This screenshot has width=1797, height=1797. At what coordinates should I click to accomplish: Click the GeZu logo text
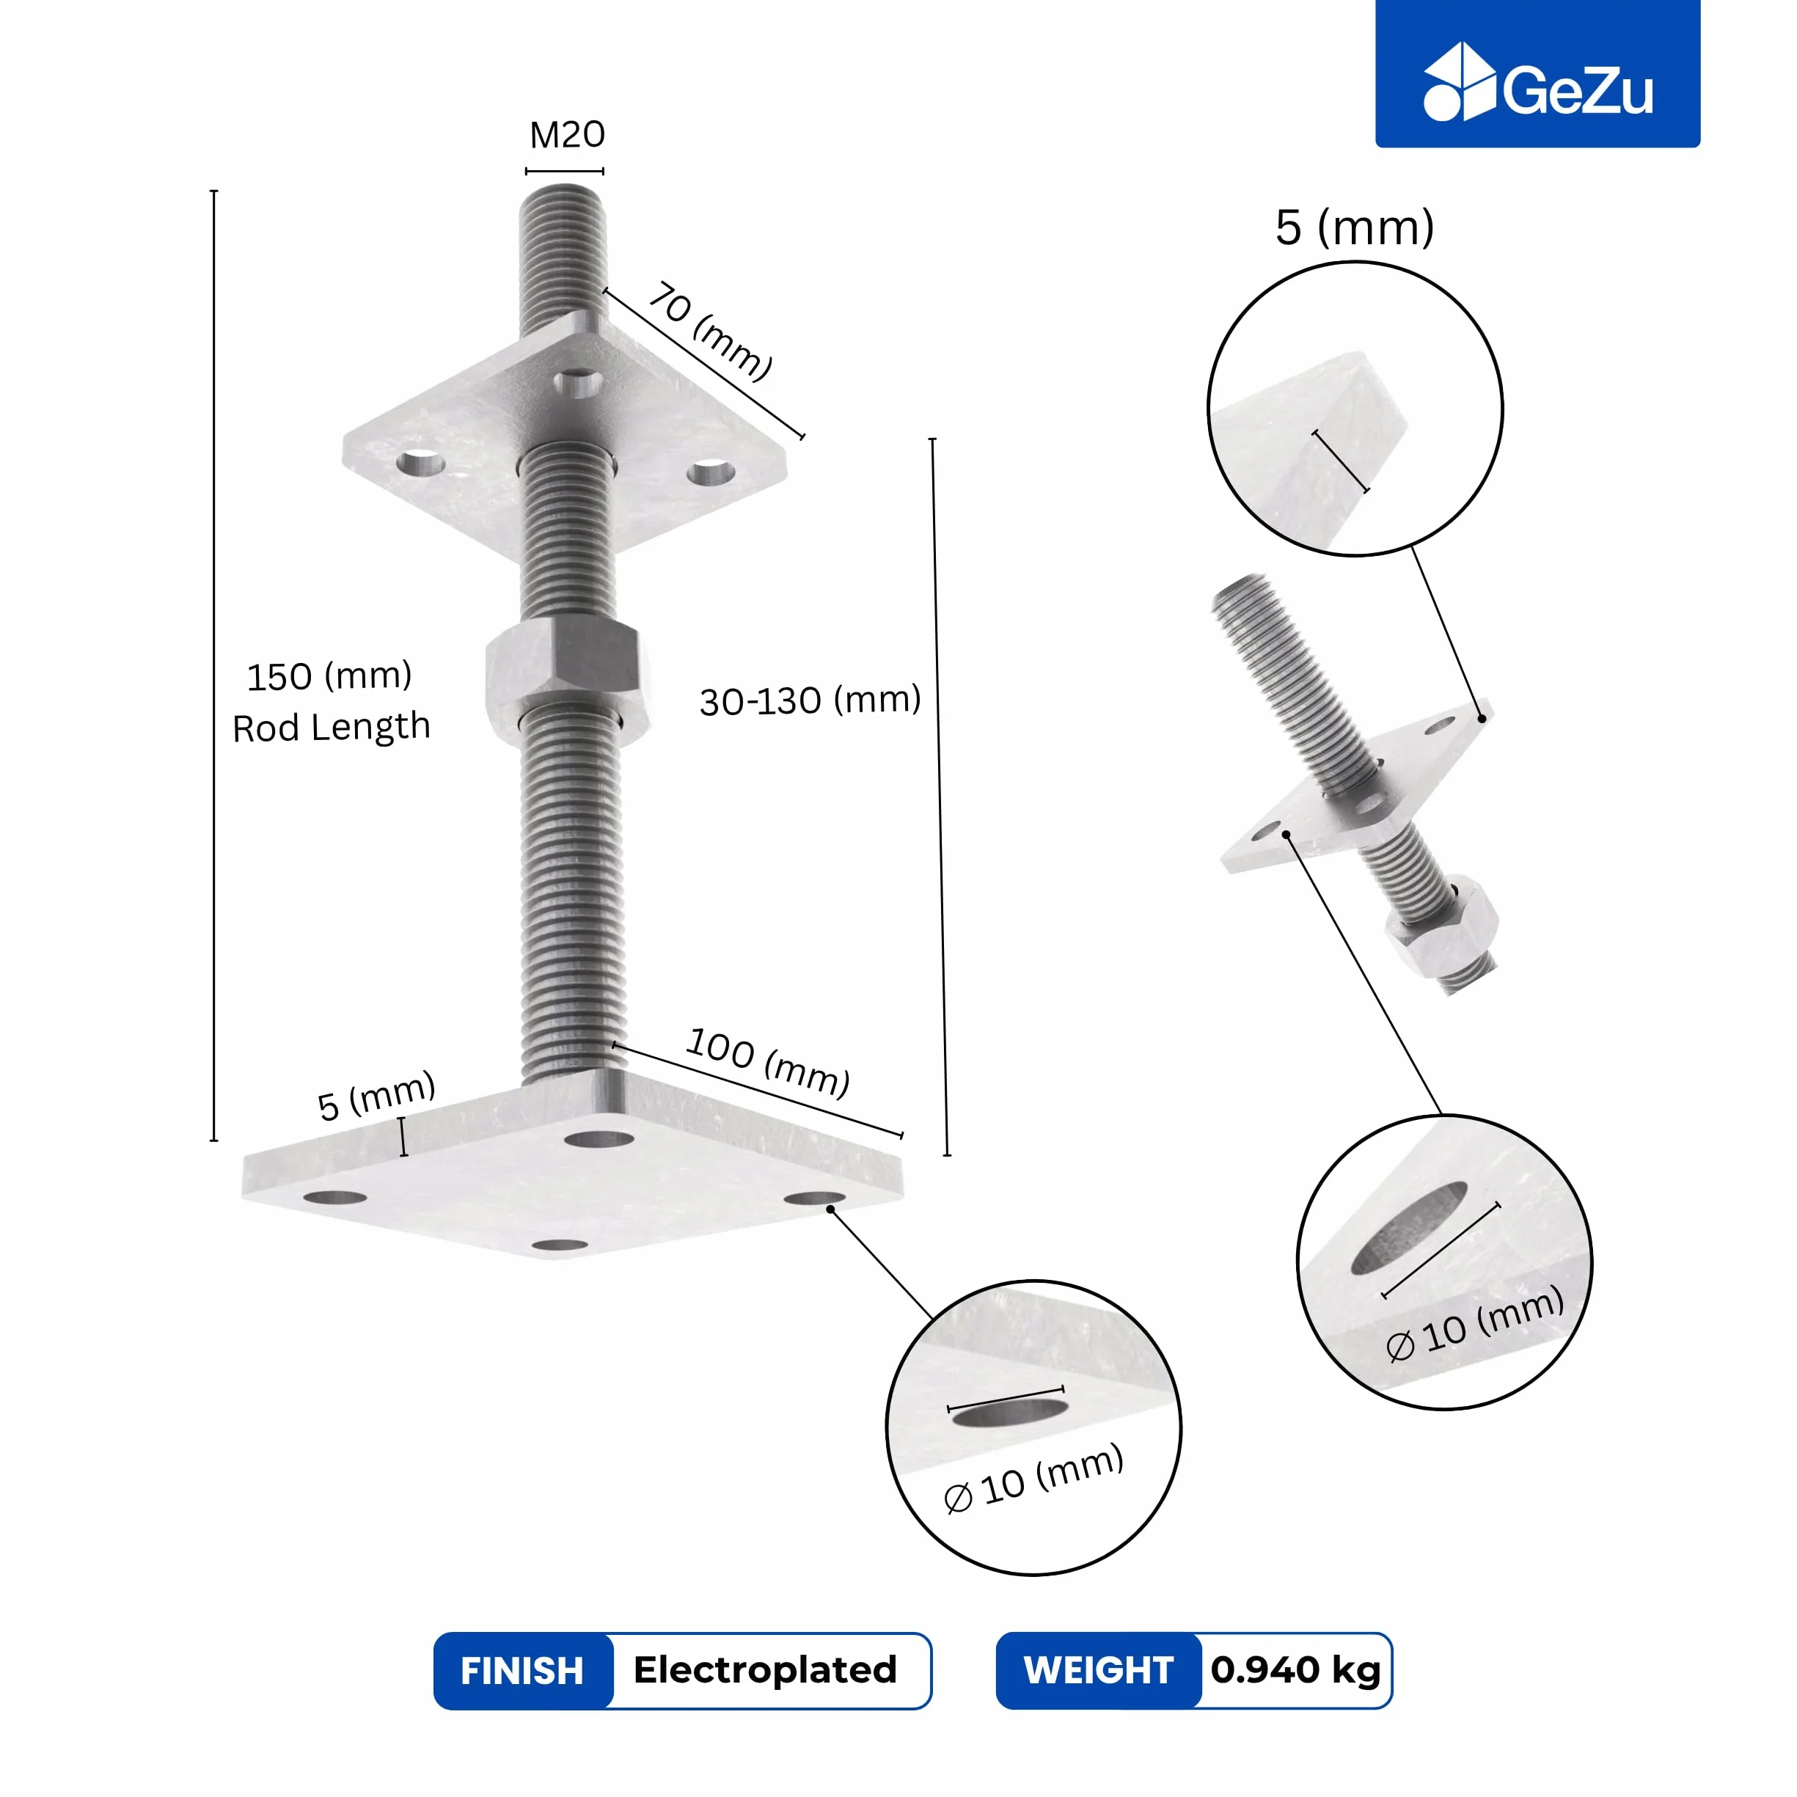[x=1578, y=91]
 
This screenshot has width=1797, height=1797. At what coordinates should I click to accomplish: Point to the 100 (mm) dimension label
[x=768, y=1062]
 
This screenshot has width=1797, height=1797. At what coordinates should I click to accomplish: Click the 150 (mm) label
[x=329, y=676]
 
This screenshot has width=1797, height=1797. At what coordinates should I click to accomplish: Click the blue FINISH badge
[x=523, y=1671]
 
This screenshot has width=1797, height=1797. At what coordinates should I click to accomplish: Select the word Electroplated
[x=764, y=1669]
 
